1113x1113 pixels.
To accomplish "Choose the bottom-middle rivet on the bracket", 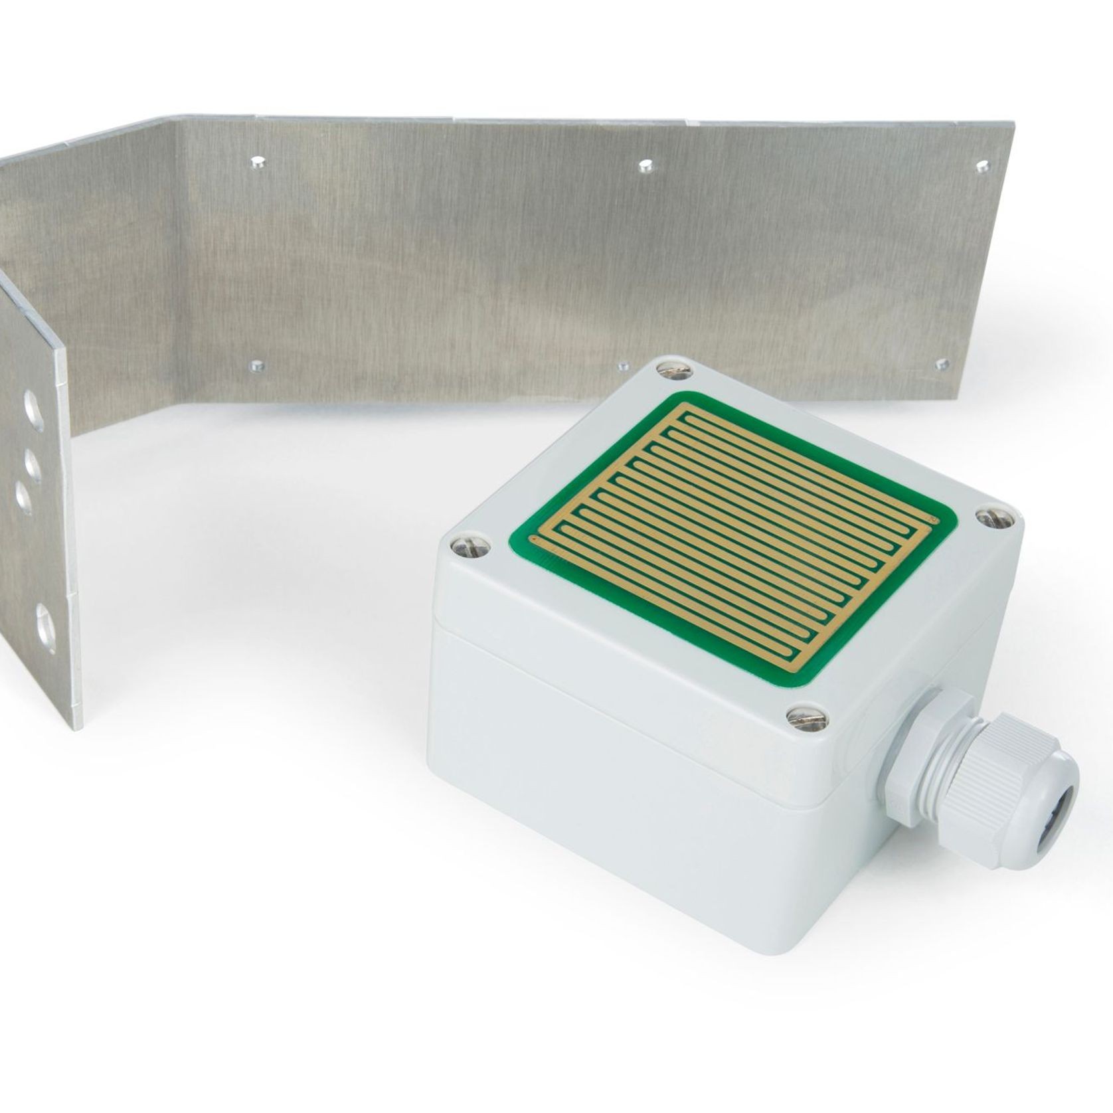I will coord(624,365).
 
